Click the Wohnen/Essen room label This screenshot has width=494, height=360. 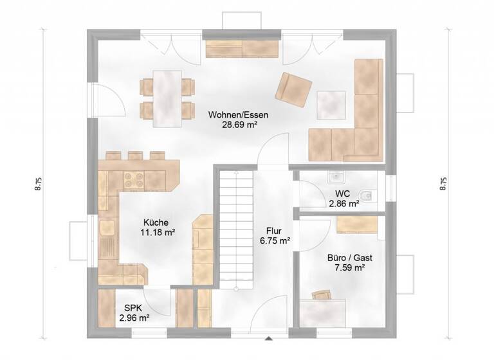click(237, 115)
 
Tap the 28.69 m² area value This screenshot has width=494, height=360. click(237, 126)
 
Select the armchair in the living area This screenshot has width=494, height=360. click(293, 87)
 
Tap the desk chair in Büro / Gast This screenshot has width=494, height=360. click(322, 294)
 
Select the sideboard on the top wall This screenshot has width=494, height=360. click(242, 46)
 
